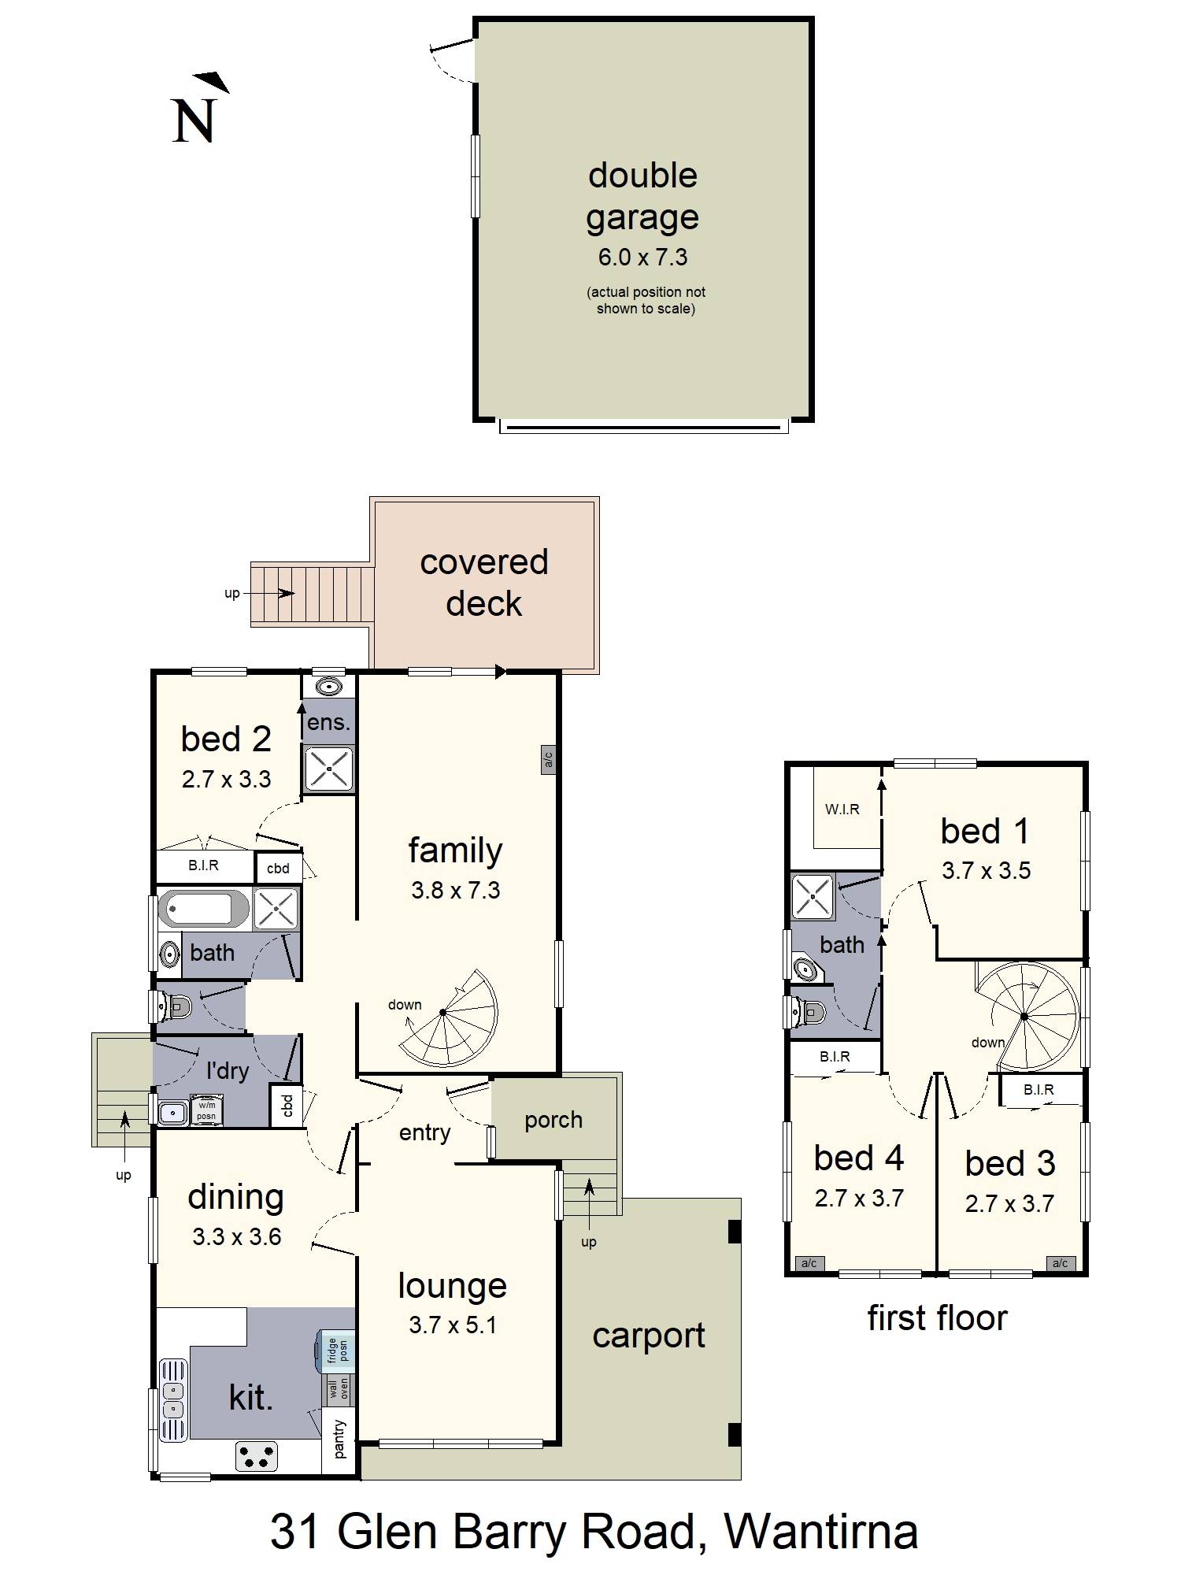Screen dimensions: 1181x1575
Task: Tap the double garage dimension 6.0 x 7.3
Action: click(642, 258)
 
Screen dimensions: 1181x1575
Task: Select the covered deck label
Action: click(484, 583)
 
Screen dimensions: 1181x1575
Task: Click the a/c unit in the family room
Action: click(549, 759)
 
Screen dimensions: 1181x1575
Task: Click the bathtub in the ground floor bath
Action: click(205, 909)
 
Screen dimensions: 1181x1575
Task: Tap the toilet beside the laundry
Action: click(173, 1006)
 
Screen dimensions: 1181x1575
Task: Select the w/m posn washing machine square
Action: click(206, 1110)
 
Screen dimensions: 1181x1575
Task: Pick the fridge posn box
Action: click(336, 1351)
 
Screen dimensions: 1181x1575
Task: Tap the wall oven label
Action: click(339, 1390)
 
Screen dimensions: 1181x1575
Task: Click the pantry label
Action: click(339, 1438)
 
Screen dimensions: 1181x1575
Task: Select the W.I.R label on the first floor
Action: click(842, 809)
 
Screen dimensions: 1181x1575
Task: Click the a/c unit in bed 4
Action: click(809, 1263)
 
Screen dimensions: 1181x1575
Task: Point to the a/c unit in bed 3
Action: click(1060, 1263)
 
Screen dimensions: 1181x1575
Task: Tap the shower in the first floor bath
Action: click(813, 896)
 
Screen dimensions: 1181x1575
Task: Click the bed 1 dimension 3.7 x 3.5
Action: click(986, 870)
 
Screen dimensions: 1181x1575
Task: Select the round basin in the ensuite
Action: click(328, 685)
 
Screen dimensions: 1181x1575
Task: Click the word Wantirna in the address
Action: click(820, 1532)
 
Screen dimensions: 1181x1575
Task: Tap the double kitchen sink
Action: click(174, 1400)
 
